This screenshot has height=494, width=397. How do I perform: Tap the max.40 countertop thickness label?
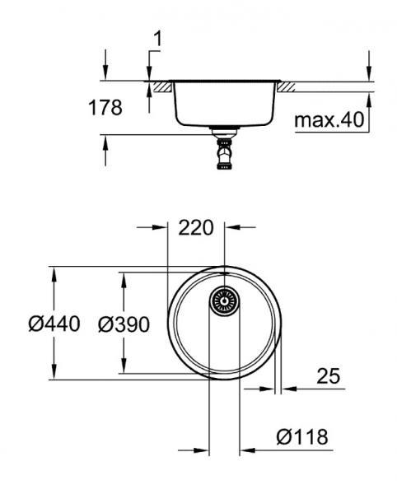pyautogui.click(x=329, y=121)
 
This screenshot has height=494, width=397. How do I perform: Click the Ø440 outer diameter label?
pyautogui.click(x=54, y=324)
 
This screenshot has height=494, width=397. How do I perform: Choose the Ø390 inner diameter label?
pyautogui.click(x=124, y=324)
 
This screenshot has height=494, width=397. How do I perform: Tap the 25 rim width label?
pyautogui.click(x=328, y=376)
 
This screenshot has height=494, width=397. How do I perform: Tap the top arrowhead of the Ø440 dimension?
pyautogui.click(x=54, y=273)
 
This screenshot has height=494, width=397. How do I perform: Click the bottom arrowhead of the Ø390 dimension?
pyautogui.click(x=124, y=367)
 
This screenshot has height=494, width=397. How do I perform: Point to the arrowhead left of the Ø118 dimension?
pyautogui.click(x=203, y=451)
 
